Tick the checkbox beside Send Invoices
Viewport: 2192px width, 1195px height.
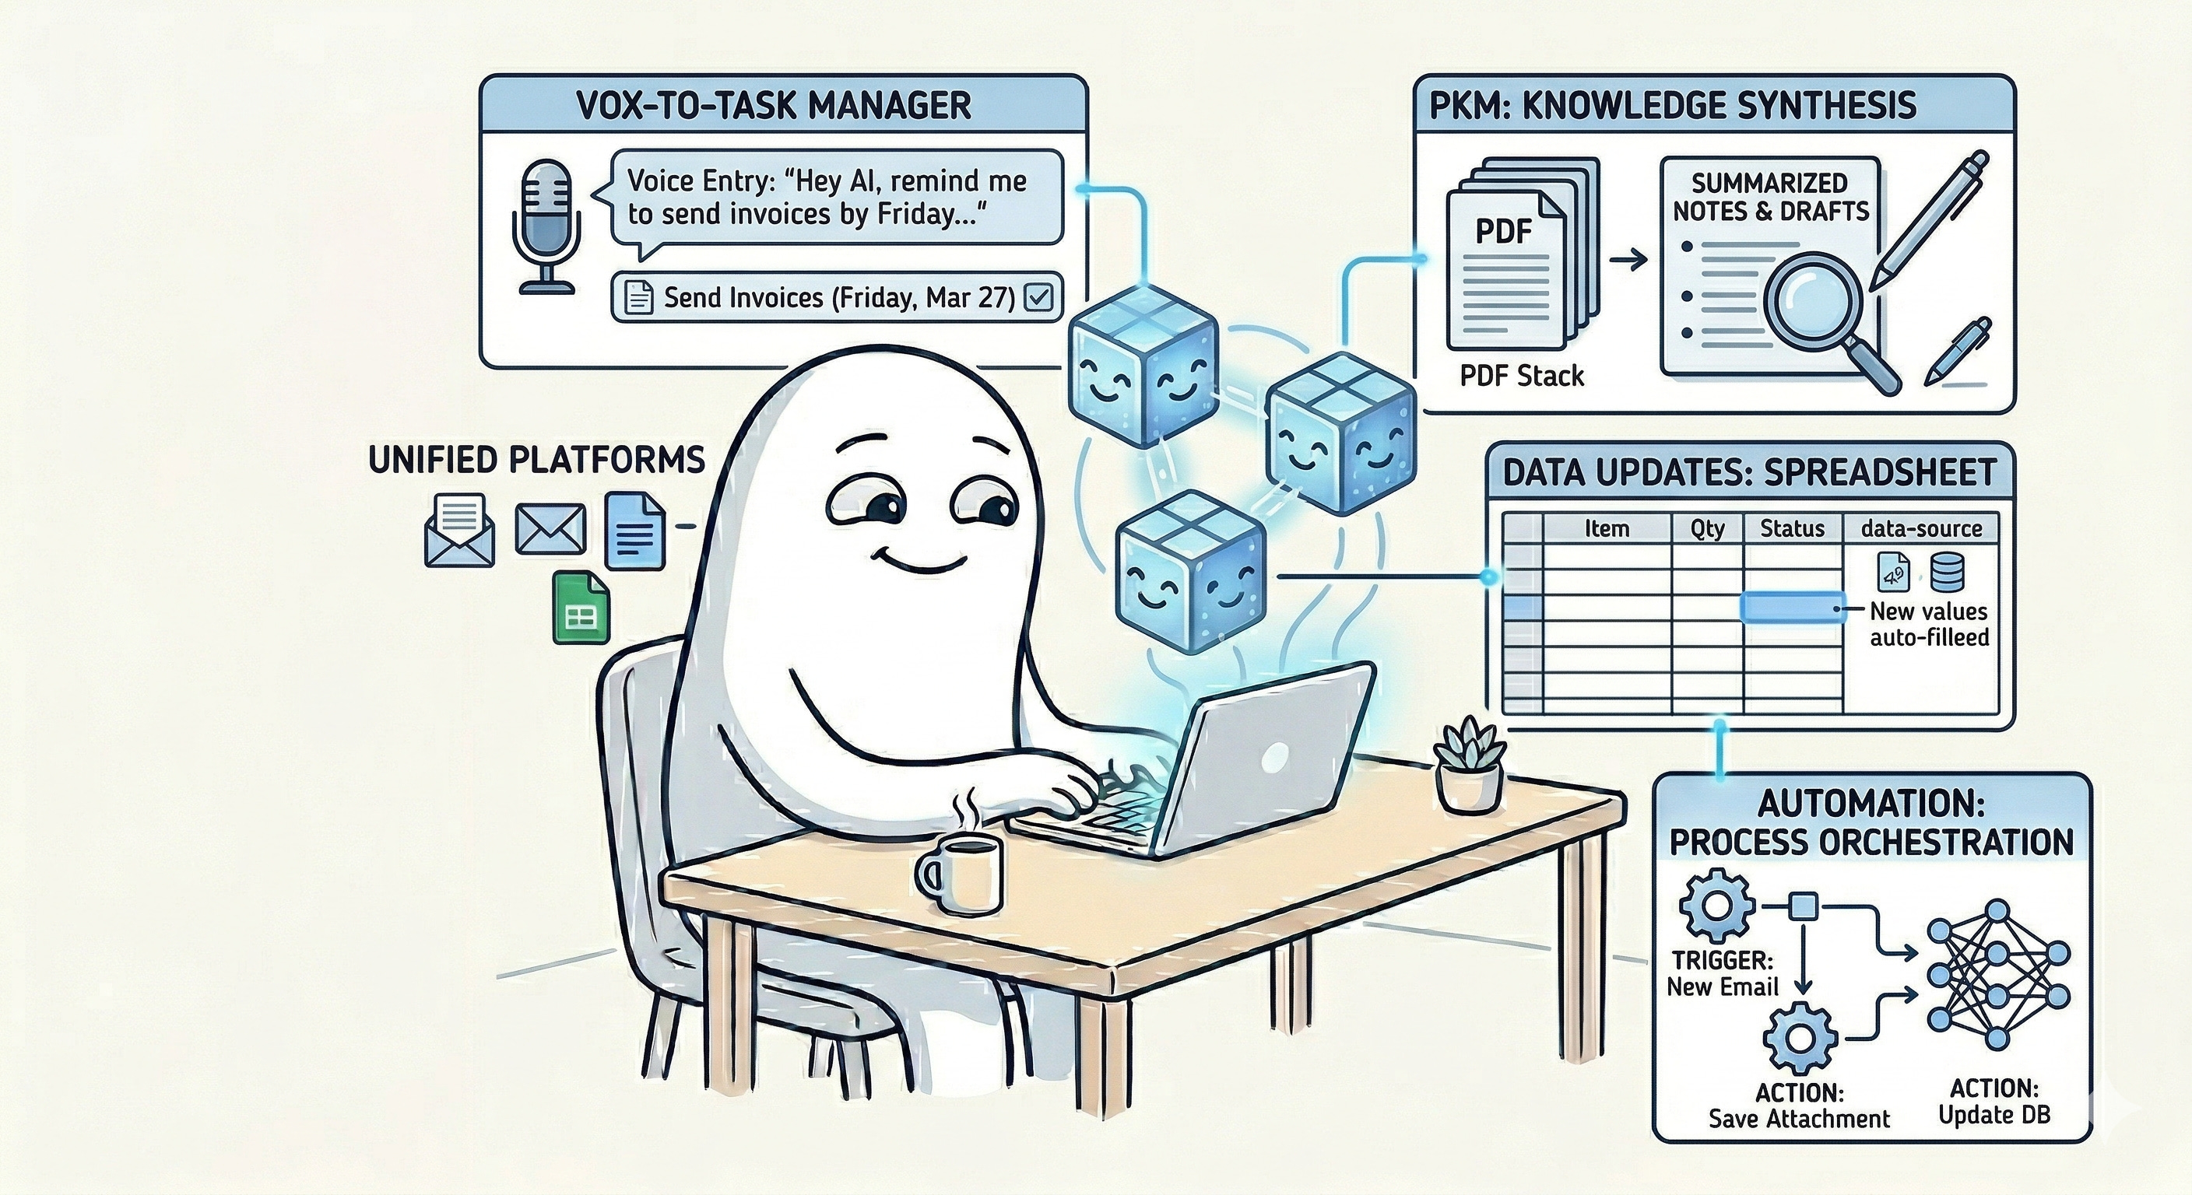(1040, 298)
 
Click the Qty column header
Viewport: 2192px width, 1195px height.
(1707, 529)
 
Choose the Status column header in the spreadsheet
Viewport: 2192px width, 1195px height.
(1792, 529)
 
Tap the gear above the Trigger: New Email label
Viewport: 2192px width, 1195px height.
(1717, 906)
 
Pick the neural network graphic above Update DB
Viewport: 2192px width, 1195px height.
(1997, 986)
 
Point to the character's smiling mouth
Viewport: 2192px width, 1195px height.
(922, 564)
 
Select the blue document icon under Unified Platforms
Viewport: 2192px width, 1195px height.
(635, 531)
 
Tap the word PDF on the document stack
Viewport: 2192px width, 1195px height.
(1503, 231)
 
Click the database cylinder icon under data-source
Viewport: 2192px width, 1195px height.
(1947, 572)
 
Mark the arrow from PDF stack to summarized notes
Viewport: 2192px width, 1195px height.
(1628, 261)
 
